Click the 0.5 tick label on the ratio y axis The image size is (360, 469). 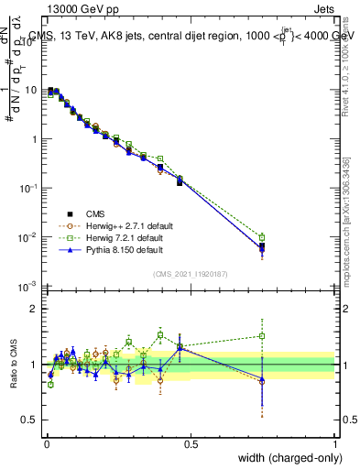coord(31,420)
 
